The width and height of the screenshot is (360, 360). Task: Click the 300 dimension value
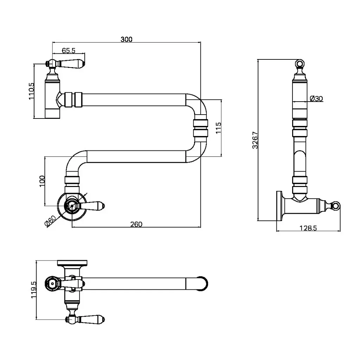pyautogui.click(x=127, y=39)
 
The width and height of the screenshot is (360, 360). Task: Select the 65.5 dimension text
pyautogui.click(x=69, y=51)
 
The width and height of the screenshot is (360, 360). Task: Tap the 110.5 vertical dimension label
pyautogui.click(x=32, y=91)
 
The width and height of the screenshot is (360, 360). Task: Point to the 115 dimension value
pyautogui.click(x=218, y=128)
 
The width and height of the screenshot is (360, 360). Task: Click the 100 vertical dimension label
pyautogui.click(x=42, y=181)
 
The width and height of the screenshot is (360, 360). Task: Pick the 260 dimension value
pyautogui.click(x=136, y=224)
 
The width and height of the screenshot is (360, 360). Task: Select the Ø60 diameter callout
pyautogui.click(x=50, y=221)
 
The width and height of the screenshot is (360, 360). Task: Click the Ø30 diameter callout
pyautogui.click(x=317, y=99)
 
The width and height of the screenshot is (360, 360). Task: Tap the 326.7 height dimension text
pyautogui.click(x=255, y=140)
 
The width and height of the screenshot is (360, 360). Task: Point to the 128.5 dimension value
pyautogui.click(x=308, y=228)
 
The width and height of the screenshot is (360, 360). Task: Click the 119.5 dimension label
pyautogui.click(x=34, y=290)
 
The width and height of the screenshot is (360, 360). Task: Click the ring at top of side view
pyautogui.click(x=299, y=64)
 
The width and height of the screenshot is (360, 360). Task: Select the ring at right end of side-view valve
pyautogui.click(x=336, y=205)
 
